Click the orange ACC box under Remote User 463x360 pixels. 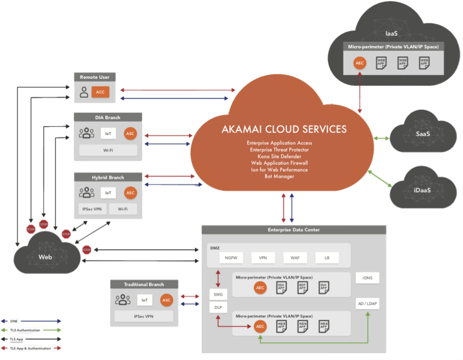[x=100, y=92]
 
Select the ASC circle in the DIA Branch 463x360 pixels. [x=130, y=133]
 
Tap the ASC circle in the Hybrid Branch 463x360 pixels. [x=130, y=193]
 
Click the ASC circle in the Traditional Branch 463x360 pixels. [x=167, y=300]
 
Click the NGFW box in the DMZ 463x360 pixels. [x=230, y=258]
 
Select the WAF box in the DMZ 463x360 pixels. [x=295, y=258]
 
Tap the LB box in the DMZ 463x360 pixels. [x=326, y=258]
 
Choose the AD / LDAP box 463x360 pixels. [x=368, y=304]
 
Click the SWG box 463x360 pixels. [x=218, y=295]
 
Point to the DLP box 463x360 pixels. [x=218, y=308]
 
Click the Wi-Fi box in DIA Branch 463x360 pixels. [x=108, y=150]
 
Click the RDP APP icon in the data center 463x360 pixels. [x=302, y=287]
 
